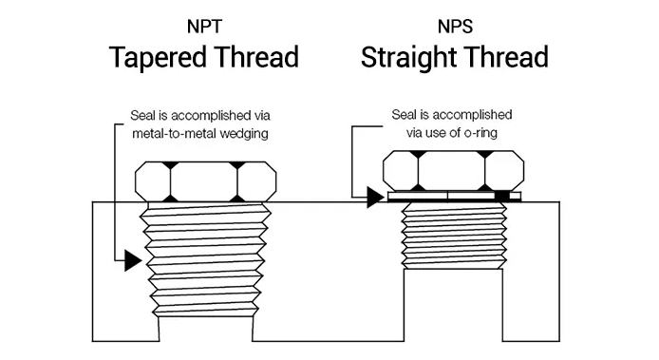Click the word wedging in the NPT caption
pos(242,133)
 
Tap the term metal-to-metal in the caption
pos(176,133)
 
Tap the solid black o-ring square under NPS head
pos(501,197)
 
